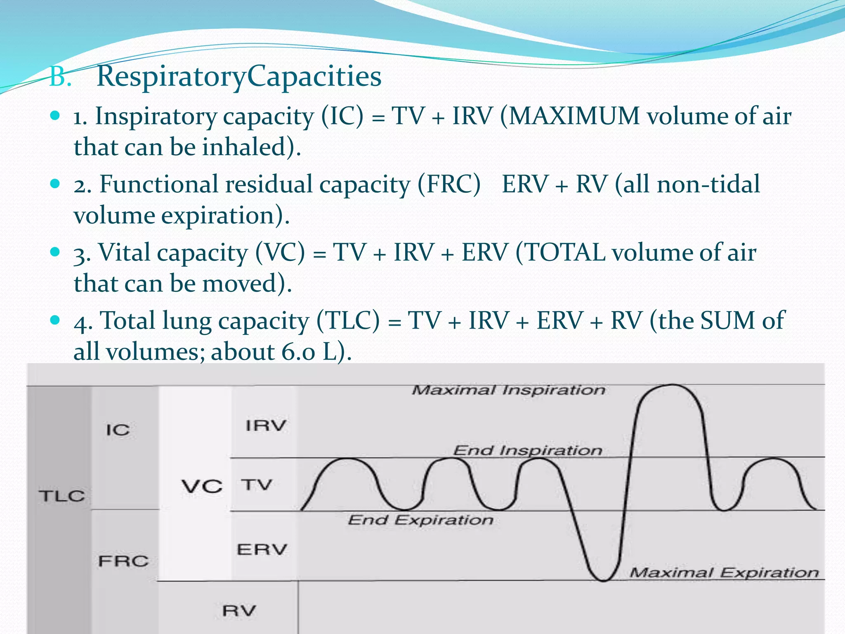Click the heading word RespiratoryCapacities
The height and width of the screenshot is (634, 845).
click(x=238, y=77)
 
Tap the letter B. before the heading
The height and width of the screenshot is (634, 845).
click(x=60, y=77)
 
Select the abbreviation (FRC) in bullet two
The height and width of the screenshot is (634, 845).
click(x=449, y=185)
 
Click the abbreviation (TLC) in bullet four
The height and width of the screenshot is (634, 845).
click(x=348, y=321)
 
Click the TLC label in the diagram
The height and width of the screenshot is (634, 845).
click(x=62, y=496)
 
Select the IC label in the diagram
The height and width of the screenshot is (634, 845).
click(x=118, y=430)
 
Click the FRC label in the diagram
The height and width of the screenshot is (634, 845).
click(x=123, y=561)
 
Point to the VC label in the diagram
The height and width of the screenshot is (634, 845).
click(x=202, y=487)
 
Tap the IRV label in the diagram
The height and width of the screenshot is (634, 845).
click(x=266, y=426)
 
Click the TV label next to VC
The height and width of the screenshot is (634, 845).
click(x=257, y=485)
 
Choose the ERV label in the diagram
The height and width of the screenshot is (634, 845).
click(x=262, y=549)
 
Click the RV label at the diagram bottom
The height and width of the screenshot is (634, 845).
click(x=239, y=610)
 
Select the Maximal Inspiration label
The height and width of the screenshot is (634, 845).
click(x=508, y=390)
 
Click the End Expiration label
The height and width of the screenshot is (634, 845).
click(x=420, y=520)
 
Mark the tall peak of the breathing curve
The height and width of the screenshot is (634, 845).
click(x=672, y=386)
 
